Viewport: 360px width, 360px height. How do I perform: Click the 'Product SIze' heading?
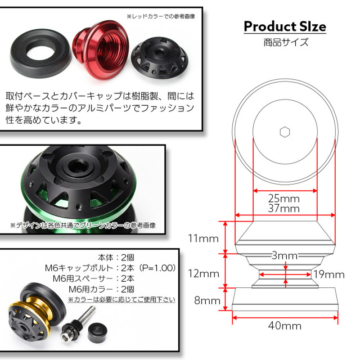[285, 26]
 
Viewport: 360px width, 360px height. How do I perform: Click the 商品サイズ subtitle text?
[285, 42]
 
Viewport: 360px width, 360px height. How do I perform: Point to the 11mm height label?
[203, 238]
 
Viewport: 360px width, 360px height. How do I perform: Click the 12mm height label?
[203, 274]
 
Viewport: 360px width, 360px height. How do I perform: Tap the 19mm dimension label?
[328, 274]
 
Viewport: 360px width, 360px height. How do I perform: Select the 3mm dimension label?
[283, 256]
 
